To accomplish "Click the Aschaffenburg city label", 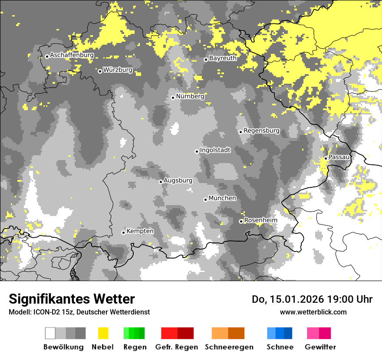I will (72, 56).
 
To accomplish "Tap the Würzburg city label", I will (118, 70).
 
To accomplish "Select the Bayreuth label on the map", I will (223, 58).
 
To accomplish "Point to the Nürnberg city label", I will (190, 97).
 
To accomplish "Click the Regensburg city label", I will (261, 131).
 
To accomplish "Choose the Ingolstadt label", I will (215, 151).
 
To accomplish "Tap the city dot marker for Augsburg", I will (161, 182).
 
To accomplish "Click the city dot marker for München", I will (205, 200).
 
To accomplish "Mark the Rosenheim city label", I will (260, 220).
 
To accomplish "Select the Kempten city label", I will (140, 231).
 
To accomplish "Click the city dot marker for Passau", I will (326, 158).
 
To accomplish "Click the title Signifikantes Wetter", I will (72, 299).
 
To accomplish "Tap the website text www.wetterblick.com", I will (313, 312).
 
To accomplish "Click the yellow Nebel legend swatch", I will (103, 333).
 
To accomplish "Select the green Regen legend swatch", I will (134, 333).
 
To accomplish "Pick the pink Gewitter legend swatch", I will (319, 333).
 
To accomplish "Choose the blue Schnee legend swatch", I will (280, 333).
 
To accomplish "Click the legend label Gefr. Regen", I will (177, 347).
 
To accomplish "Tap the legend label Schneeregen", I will (229, 347).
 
